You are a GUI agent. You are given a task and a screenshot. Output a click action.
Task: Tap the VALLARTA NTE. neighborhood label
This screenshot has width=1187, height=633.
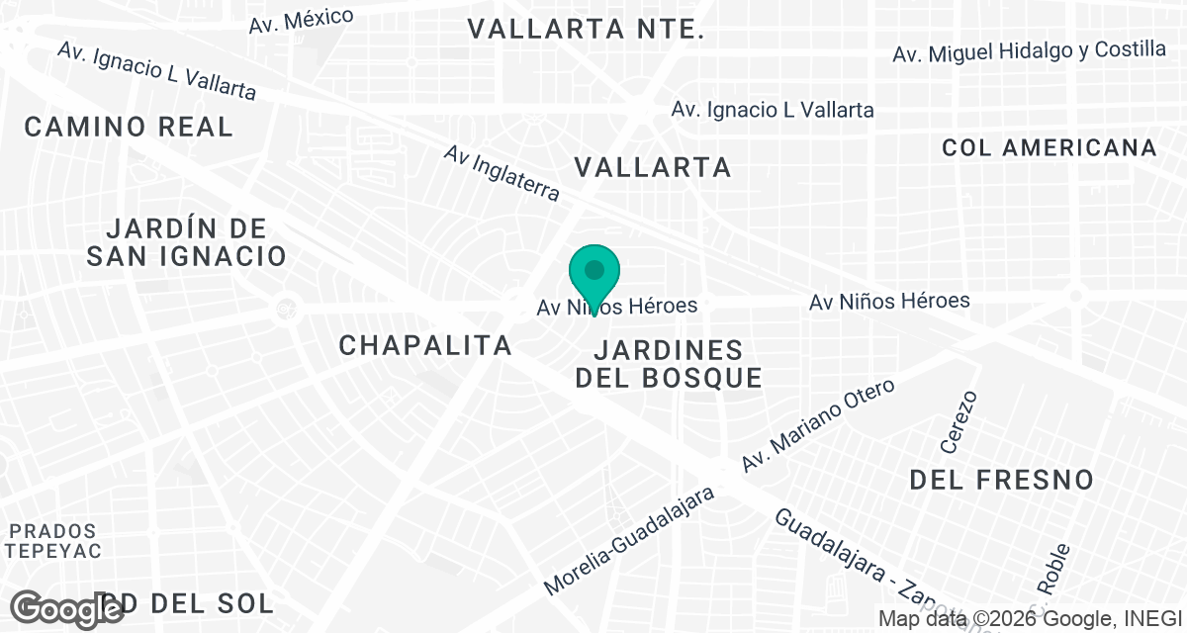[x=586, y=29]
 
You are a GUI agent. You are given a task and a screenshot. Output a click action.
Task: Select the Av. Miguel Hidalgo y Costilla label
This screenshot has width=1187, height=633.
[x=1029, y=52]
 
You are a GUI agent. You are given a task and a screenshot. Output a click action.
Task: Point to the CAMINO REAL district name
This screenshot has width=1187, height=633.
[x=129, y=127]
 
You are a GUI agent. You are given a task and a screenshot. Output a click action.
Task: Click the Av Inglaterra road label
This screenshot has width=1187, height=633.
[x=502, y=173]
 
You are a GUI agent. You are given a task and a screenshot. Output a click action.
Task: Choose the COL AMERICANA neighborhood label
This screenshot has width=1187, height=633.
[x=1050, y=148]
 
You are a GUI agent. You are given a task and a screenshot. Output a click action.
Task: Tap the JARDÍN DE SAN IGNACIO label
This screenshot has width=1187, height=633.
[x=186, y=242]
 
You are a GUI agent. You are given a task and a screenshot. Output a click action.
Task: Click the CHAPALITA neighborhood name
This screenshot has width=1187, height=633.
[x=425, y=345]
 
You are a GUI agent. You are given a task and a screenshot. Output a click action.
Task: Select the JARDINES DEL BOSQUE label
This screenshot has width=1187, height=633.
[x=669, y=364]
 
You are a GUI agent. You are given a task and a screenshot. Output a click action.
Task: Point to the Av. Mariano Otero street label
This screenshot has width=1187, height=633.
[x=818, y=424]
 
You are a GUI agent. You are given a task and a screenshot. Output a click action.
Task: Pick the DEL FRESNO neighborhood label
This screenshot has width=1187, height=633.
[x=1001, y=481]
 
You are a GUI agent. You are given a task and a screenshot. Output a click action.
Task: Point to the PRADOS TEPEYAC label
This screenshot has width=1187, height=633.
[x=53, y=541]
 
